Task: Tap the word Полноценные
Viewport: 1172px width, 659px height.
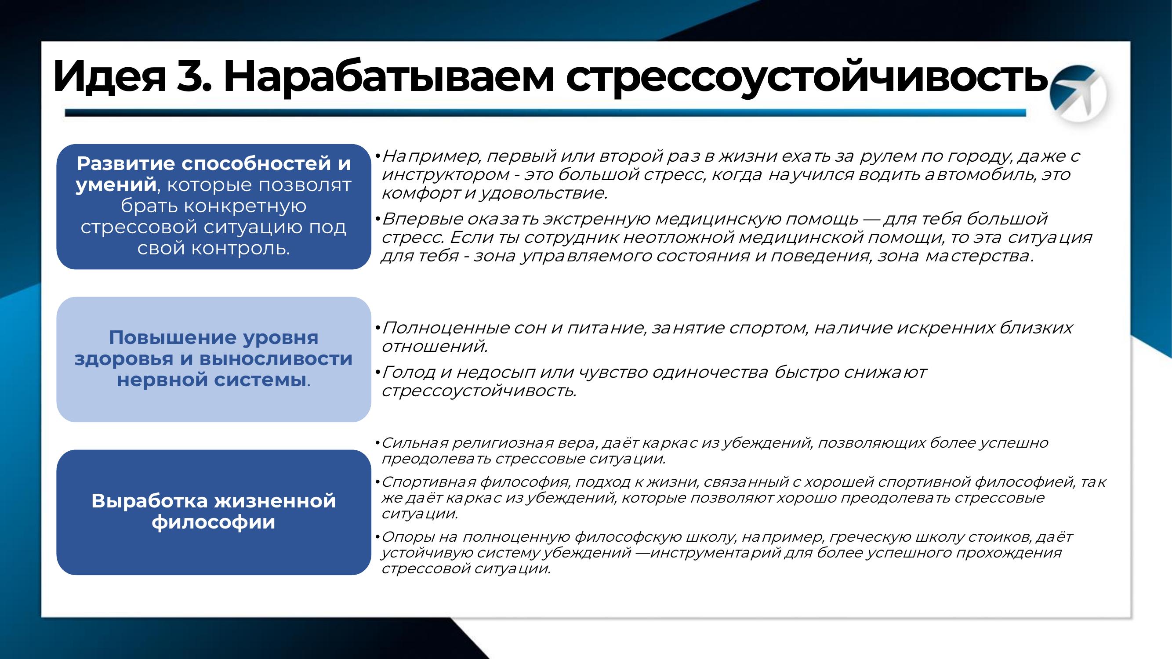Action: [446, 328]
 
